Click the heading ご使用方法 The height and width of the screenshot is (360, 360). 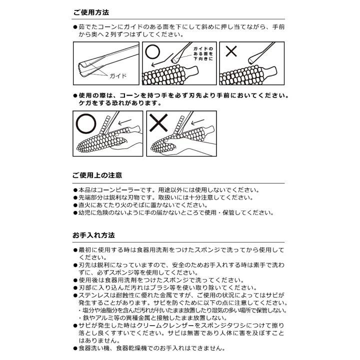click(91, 12)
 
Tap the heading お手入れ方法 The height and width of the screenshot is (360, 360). click(93, 234)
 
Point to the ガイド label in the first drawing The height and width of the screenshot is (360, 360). click(117, 76)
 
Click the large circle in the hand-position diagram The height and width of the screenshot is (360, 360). click(86, 121)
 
